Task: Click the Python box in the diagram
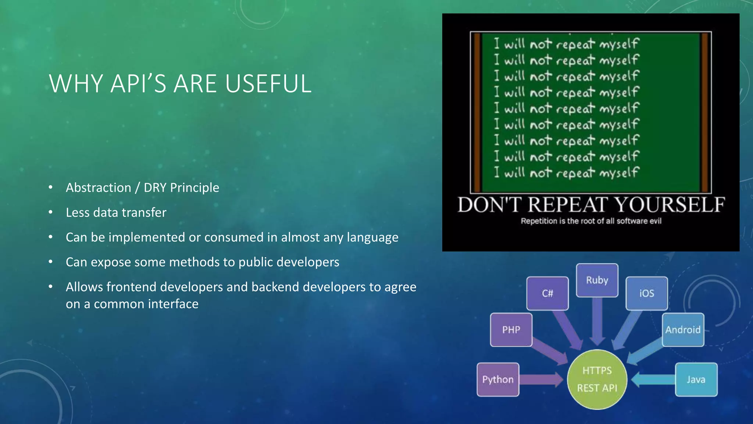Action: coord(498,379)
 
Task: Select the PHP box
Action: coord(511,330)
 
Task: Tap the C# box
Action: coord(547,293)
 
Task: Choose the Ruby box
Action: coord(597,280)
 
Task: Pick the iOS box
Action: coord(647,293)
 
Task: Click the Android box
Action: coord(683,330)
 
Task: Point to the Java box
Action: coord(696,379)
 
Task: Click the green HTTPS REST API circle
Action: coord(597,379)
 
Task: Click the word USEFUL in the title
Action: coord(268,84)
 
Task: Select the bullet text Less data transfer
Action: coord(116,212)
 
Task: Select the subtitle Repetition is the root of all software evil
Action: coord(591,221)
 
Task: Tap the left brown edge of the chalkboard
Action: coord(477,112)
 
